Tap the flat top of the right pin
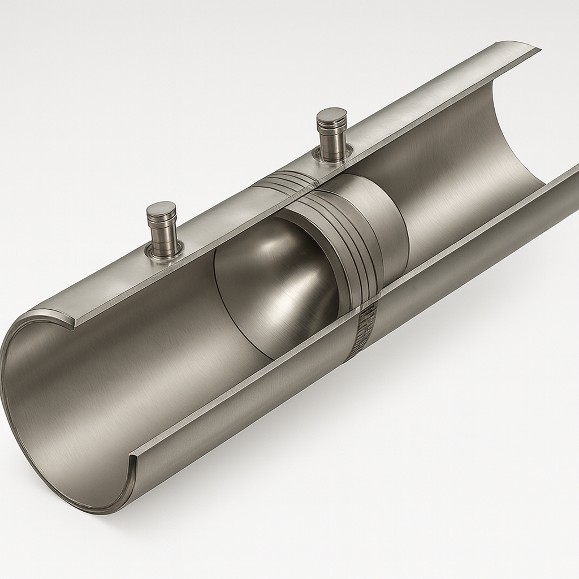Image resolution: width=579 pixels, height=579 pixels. click(331, 115)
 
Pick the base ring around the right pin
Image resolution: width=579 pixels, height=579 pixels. click(334, 154)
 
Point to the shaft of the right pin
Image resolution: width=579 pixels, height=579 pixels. click(332, 141)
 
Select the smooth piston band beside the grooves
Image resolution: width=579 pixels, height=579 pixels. click(384, 221)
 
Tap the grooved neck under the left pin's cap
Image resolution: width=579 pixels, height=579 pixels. click(162, 224)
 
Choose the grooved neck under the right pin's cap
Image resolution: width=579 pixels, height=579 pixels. click(332, 129)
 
